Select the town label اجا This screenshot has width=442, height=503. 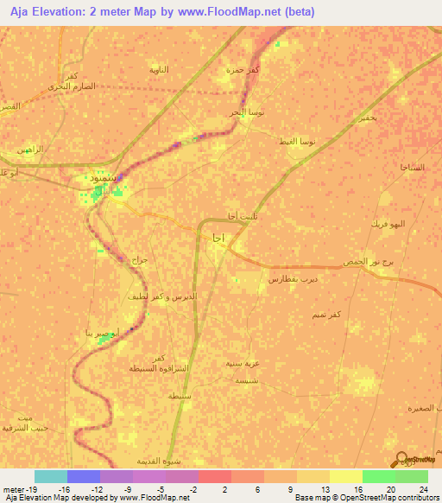(x=217, y=237)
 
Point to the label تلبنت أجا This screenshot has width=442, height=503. (x=232, y=216)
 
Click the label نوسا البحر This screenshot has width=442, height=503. (x=256, y=112)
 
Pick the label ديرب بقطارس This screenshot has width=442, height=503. (x=290, y=279)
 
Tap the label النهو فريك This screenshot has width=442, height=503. (x=393, y=223)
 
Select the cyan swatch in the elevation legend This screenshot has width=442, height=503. (x=51, y=476)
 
